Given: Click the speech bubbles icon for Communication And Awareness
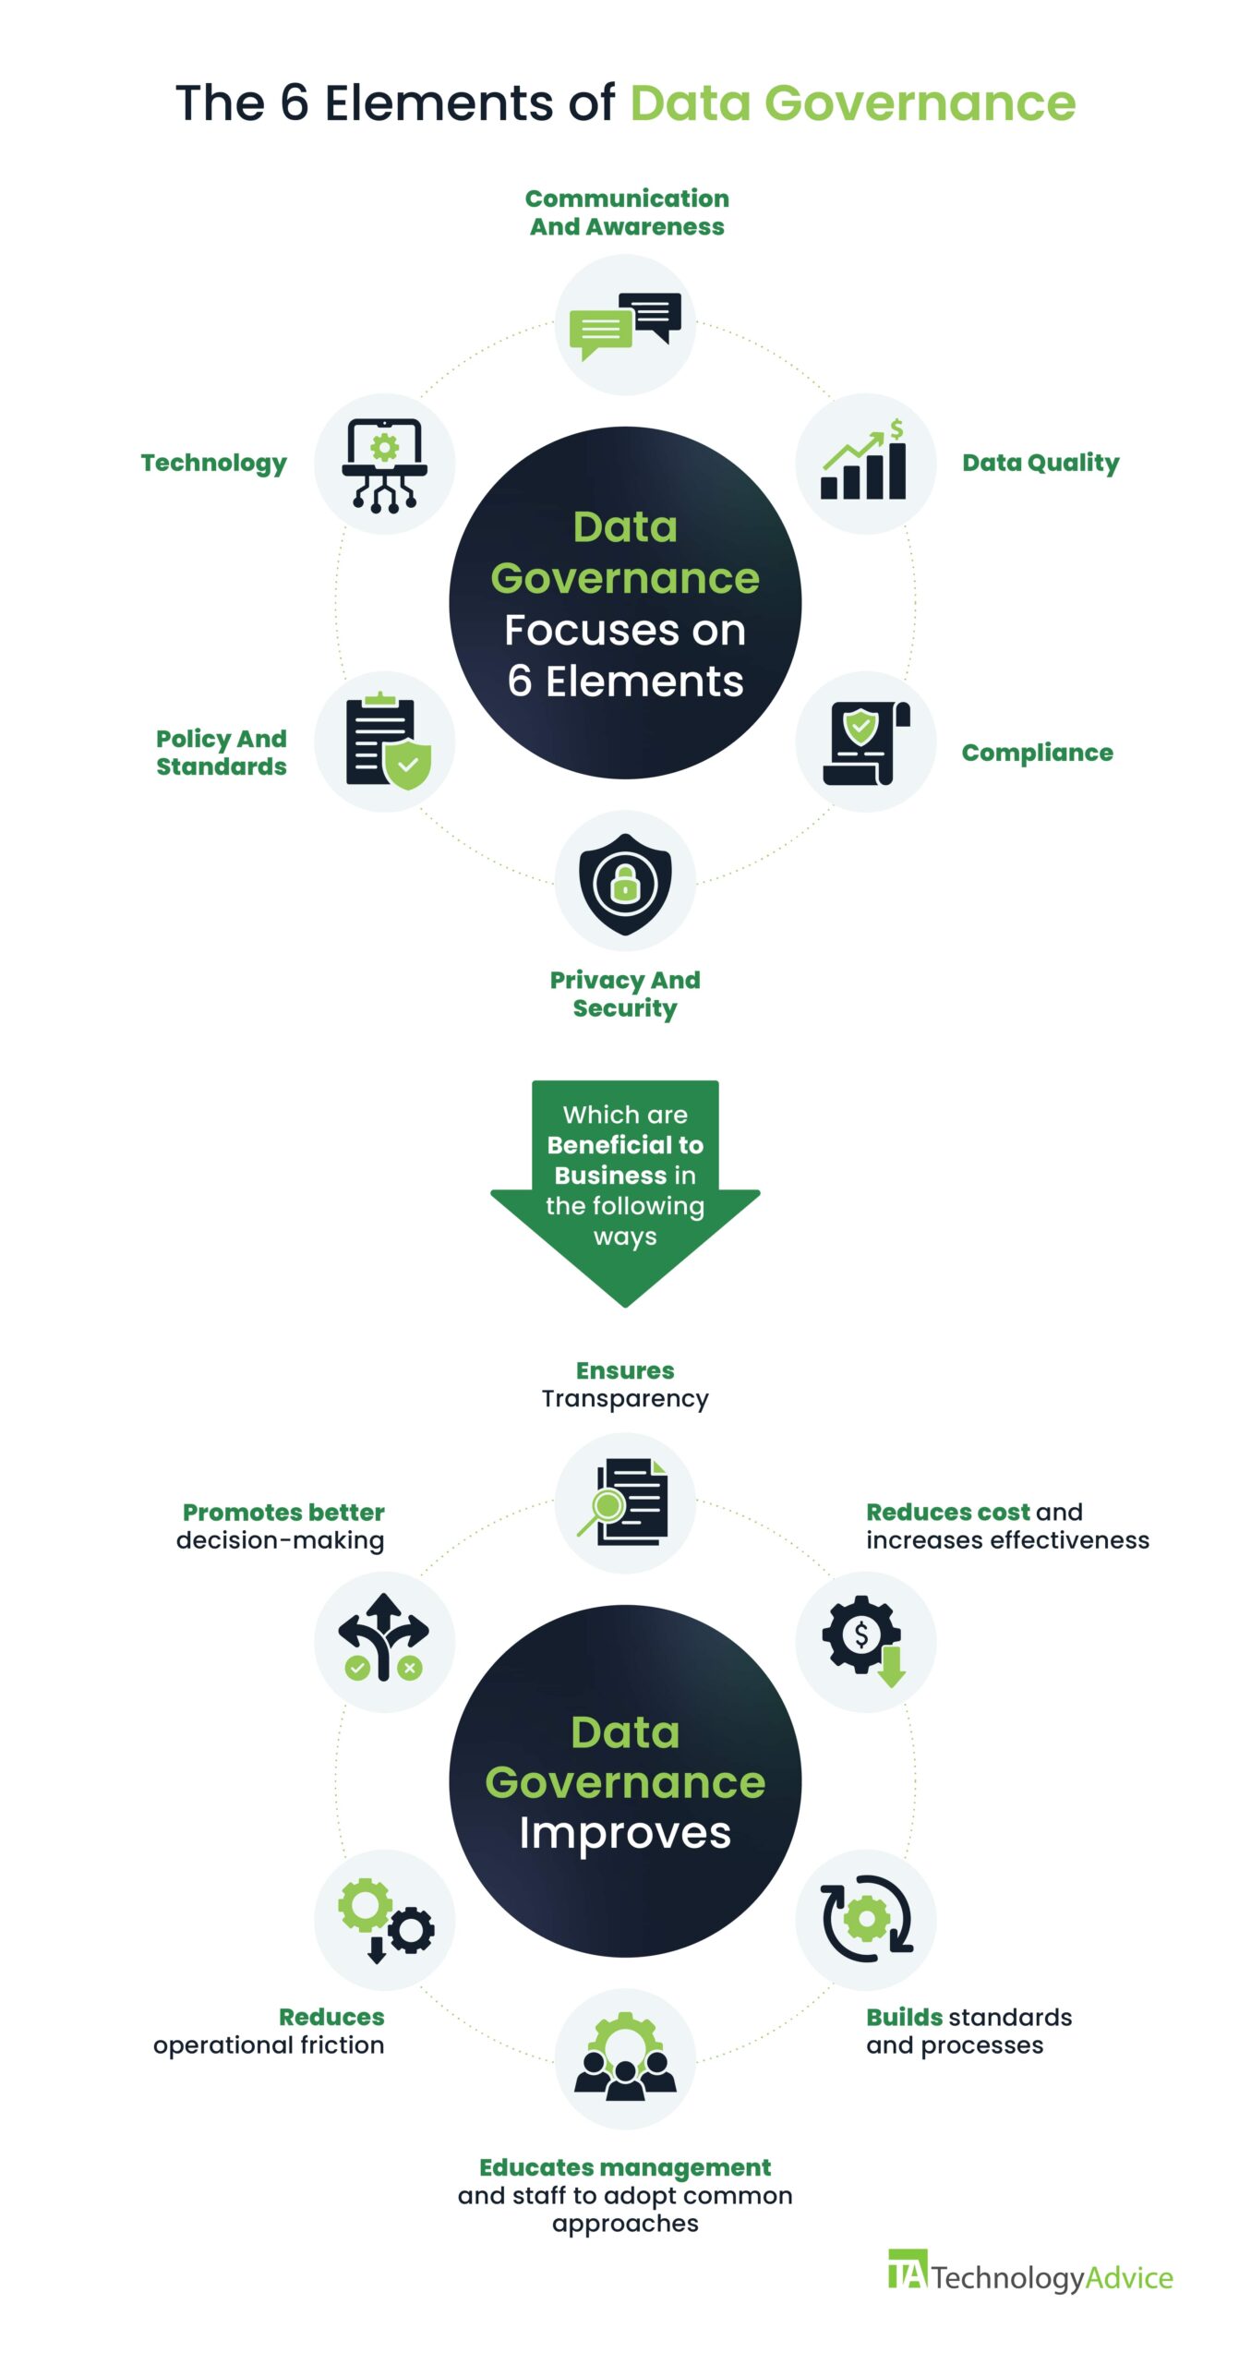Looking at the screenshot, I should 625,326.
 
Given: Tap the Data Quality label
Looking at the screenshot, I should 1040,463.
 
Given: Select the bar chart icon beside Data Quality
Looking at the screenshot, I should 865,464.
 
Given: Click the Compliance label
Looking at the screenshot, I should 1037,753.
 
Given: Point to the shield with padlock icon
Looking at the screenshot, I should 625,882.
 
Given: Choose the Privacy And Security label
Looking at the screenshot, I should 625,994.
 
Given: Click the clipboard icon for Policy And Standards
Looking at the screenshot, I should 386,742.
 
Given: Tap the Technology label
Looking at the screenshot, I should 213,463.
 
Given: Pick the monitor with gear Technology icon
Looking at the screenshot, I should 385,464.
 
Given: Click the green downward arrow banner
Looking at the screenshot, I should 625,1191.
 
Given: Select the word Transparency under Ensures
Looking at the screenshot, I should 625,1399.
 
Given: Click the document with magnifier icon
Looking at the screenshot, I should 625,1502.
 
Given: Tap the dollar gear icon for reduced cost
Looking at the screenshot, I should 865,1641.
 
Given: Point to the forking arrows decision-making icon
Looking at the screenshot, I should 384,1641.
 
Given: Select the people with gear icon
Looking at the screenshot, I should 625,2058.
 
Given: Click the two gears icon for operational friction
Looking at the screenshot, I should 385,1919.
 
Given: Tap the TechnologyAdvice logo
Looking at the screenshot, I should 1029,2276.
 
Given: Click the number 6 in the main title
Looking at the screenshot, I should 294,103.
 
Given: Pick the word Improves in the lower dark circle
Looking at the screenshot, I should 625,1834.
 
